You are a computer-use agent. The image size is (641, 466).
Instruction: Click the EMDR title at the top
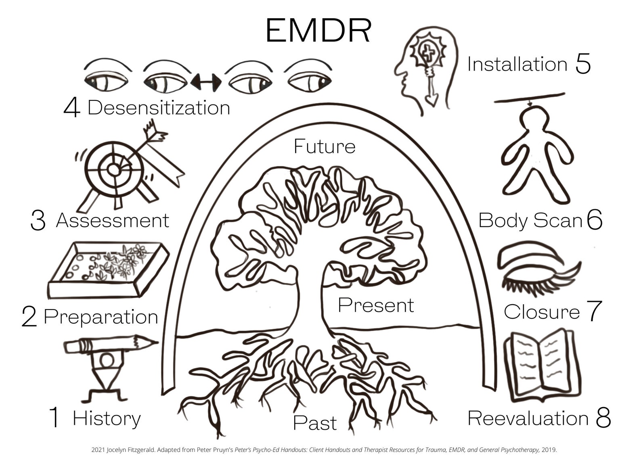[x=318, y=31]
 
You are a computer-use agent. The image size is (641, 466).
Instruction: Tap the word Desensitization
[x=159, y=108]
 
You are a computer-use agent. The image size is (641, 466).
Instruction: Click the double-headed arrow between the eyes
[x=206, y=82]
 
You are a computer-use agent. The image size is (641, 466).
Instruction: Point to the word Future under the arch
[x=325, y=146]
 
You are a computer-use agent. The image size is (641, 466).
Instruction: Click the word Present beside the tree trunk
[x=376, y=305]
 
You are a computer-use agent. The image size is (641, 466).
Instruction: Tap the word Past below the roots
[x=315, y=423]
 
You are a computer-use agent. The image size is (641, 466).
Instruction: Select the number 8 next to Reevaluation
[x=603, y=418]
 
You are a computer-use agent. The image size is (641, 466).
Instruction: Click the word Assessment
[x=113, y=221]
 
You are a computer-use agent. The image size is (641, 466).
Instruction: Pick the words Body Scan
[x=530, y=221]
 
